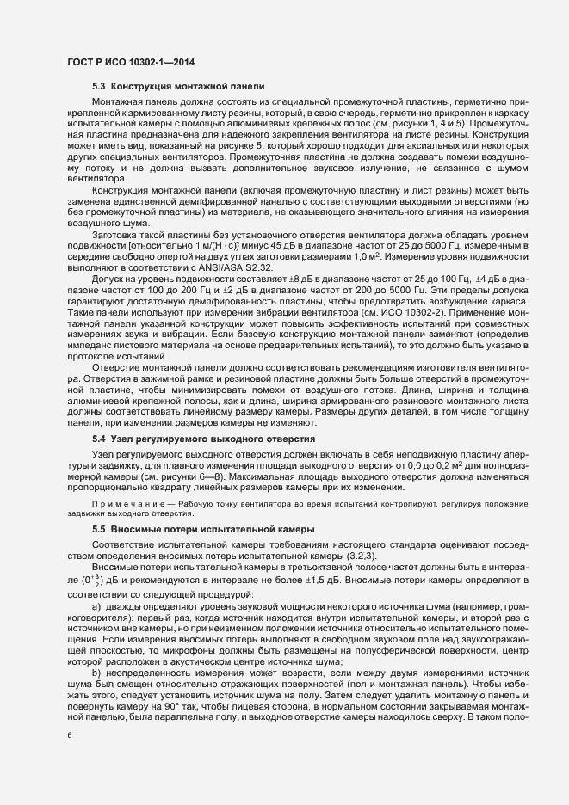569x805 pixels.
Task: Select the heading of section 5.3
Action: point(171,87)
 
